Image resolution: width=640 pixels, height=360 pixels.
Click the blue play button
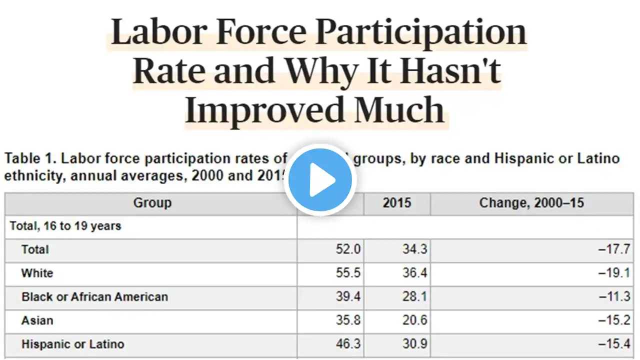coord(320,179)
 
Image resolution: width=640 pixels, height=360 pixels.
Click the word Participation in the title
coord(421,32)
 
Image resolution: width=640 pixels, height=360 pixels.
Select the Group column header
coord(152,203)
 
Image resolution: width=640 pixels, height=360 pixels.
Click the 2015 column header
coord(396,203)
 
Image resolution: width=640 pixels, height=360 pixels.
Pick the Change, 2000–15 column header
coord(531,203)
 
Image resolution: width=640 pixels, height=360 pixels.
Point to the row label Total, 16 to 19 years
coord(65,226)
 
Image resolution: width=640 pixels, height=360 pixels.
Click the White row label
coord(37,273)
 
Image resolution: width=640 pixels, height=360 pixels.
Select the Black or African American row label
coord(94,296)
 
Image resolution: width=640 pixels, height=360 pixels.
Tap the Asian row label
coord(37,320)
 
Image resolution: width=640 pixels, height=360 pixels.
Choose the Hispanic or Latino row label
coord(72,344)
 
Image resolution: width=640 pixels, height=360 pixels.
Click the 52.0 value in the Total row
coord(348,249)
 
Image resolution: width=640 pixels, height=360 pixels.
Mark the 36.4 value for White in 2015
coord(414,273)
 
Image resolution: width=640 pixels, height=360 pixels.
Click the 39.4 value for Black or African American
coord(348,296)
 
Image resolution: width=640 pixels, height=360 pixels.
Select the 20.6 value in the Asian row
coord(414,320)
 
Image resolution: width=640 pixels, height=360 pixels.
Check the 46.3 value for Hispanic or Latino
coord(348,344)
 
